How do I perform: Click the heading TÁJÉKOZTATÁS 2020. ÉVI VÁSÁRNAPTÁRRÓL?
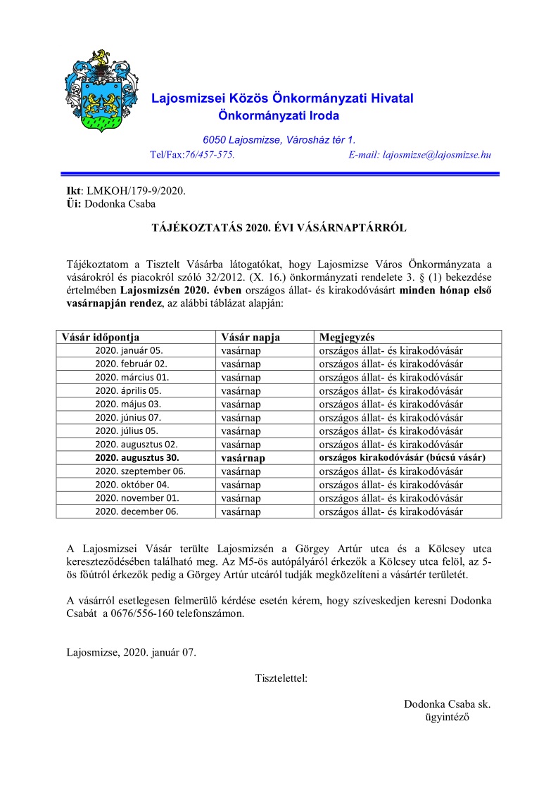pyautogui.click(x=279, y=228)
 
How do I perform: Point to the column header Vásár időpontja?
pyautogui.click(x=101, y=337)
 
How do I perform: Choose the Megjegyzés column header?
pyautogui.click(x=345, y=337)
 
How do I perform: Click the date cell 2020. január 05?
pyautogui.click(x=129, y=350)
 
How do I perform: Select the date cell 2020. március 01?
pyautogui.click(x=132, y=377)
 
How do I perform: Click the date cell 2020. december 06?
pyautogui.click(x=137, y=512)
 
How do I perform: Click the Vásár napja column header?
pyautogui.click(x=251, y=337)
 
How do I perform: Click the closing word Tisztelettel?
pyautogui.click(x=281, y=679)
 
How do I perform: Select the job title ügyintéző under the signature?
pyautogui.click(x=447, y=718)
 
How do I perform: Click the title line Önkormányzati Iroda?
pyautogui.click(x=279, y=115)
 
